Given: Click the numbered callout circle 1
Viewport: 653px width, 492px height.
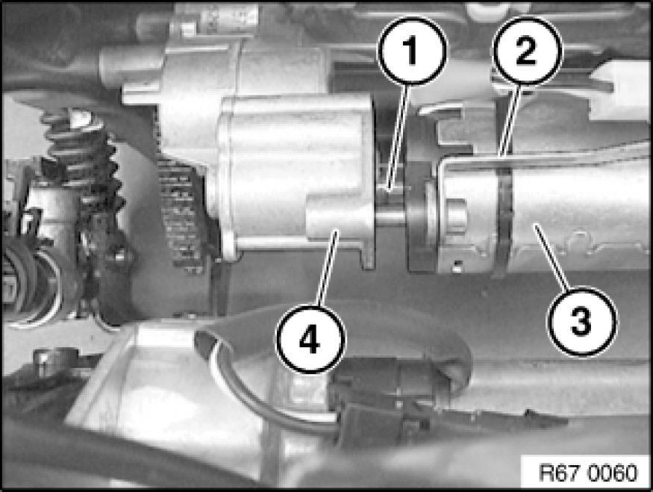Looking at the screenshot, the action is (x=412, y=51).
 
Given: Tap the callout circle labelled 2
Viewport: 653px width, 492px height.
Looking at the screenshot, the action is (x=527, y=51).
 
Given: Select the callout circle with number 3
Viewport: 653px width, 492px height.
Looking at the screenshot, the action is (x=582, y=321).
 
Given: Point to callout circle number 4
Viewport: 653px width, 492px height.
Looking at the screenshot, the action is (x=310, y=339).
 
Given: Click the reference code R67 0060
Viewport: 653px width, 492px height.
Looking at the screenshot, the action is (x=587, y=473).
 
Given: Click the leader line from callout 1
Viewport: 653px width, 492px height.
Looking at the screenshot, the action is (x=398, y=137).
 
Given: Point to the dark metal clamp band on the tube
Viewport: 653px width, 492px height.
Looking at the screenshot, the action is (x=504, y=217).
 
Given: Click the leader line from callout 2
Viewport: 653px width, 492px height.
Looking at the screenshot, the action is (x=510, y=121).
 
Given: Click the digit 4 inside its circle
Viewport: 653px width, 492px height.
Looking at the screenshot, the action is (x=310, y=339).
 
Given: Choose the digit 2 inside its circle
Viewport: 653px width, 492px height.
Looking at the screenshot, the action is (x=526, y=51).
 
